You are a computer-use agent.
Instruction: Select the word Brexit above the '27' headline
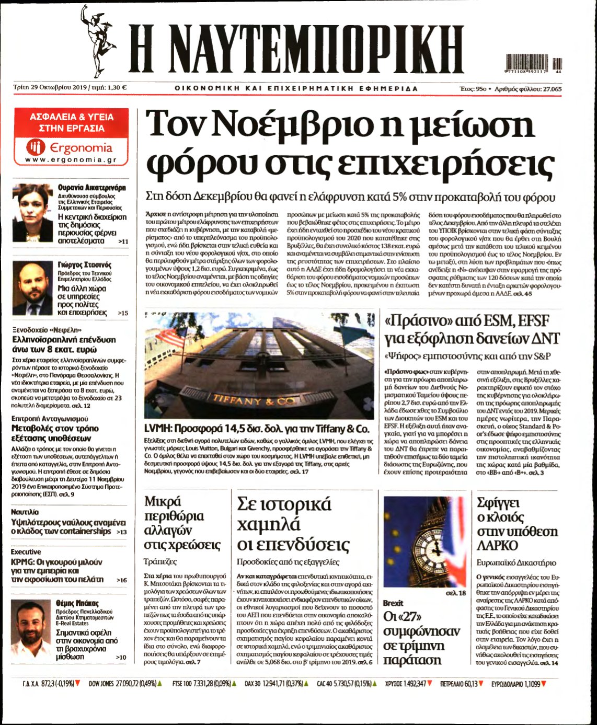click(x=393, y=603)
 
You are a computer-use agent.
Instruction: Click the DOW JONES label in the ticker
click(x=101, y=683)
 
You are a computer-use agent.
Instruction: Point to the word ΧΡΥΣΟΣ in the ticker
click(x=395, y=683)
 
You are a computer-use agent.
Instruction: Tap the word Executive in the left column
click(x=26, y=551)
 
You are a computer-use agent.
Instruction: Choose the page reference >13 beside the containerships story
click(x=121, y=532)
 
